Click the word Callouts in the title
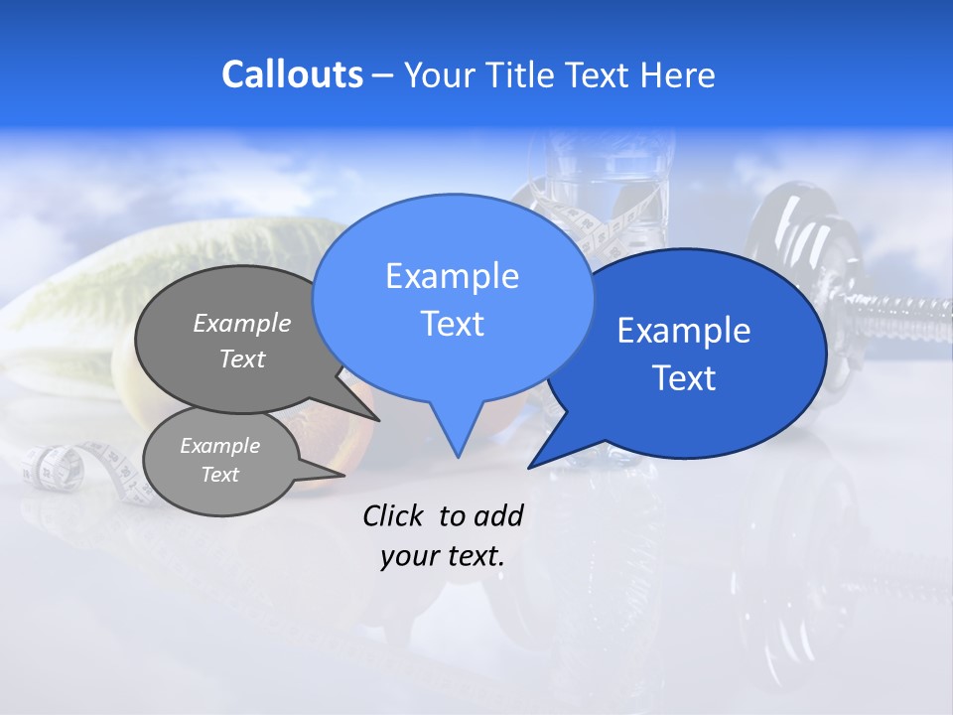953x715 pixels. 292,74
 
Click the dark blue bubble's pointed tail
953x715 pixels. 552,453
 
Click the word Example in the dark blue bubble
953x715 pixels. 684,331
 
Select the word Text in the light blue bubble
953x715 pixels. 452,324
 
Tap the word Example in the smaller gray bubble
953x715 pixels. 219,446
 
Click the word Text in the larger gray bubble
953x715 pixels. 242,359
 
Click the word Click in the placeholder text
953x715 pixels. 395,515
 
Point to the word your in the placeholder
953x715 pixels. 409,556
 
